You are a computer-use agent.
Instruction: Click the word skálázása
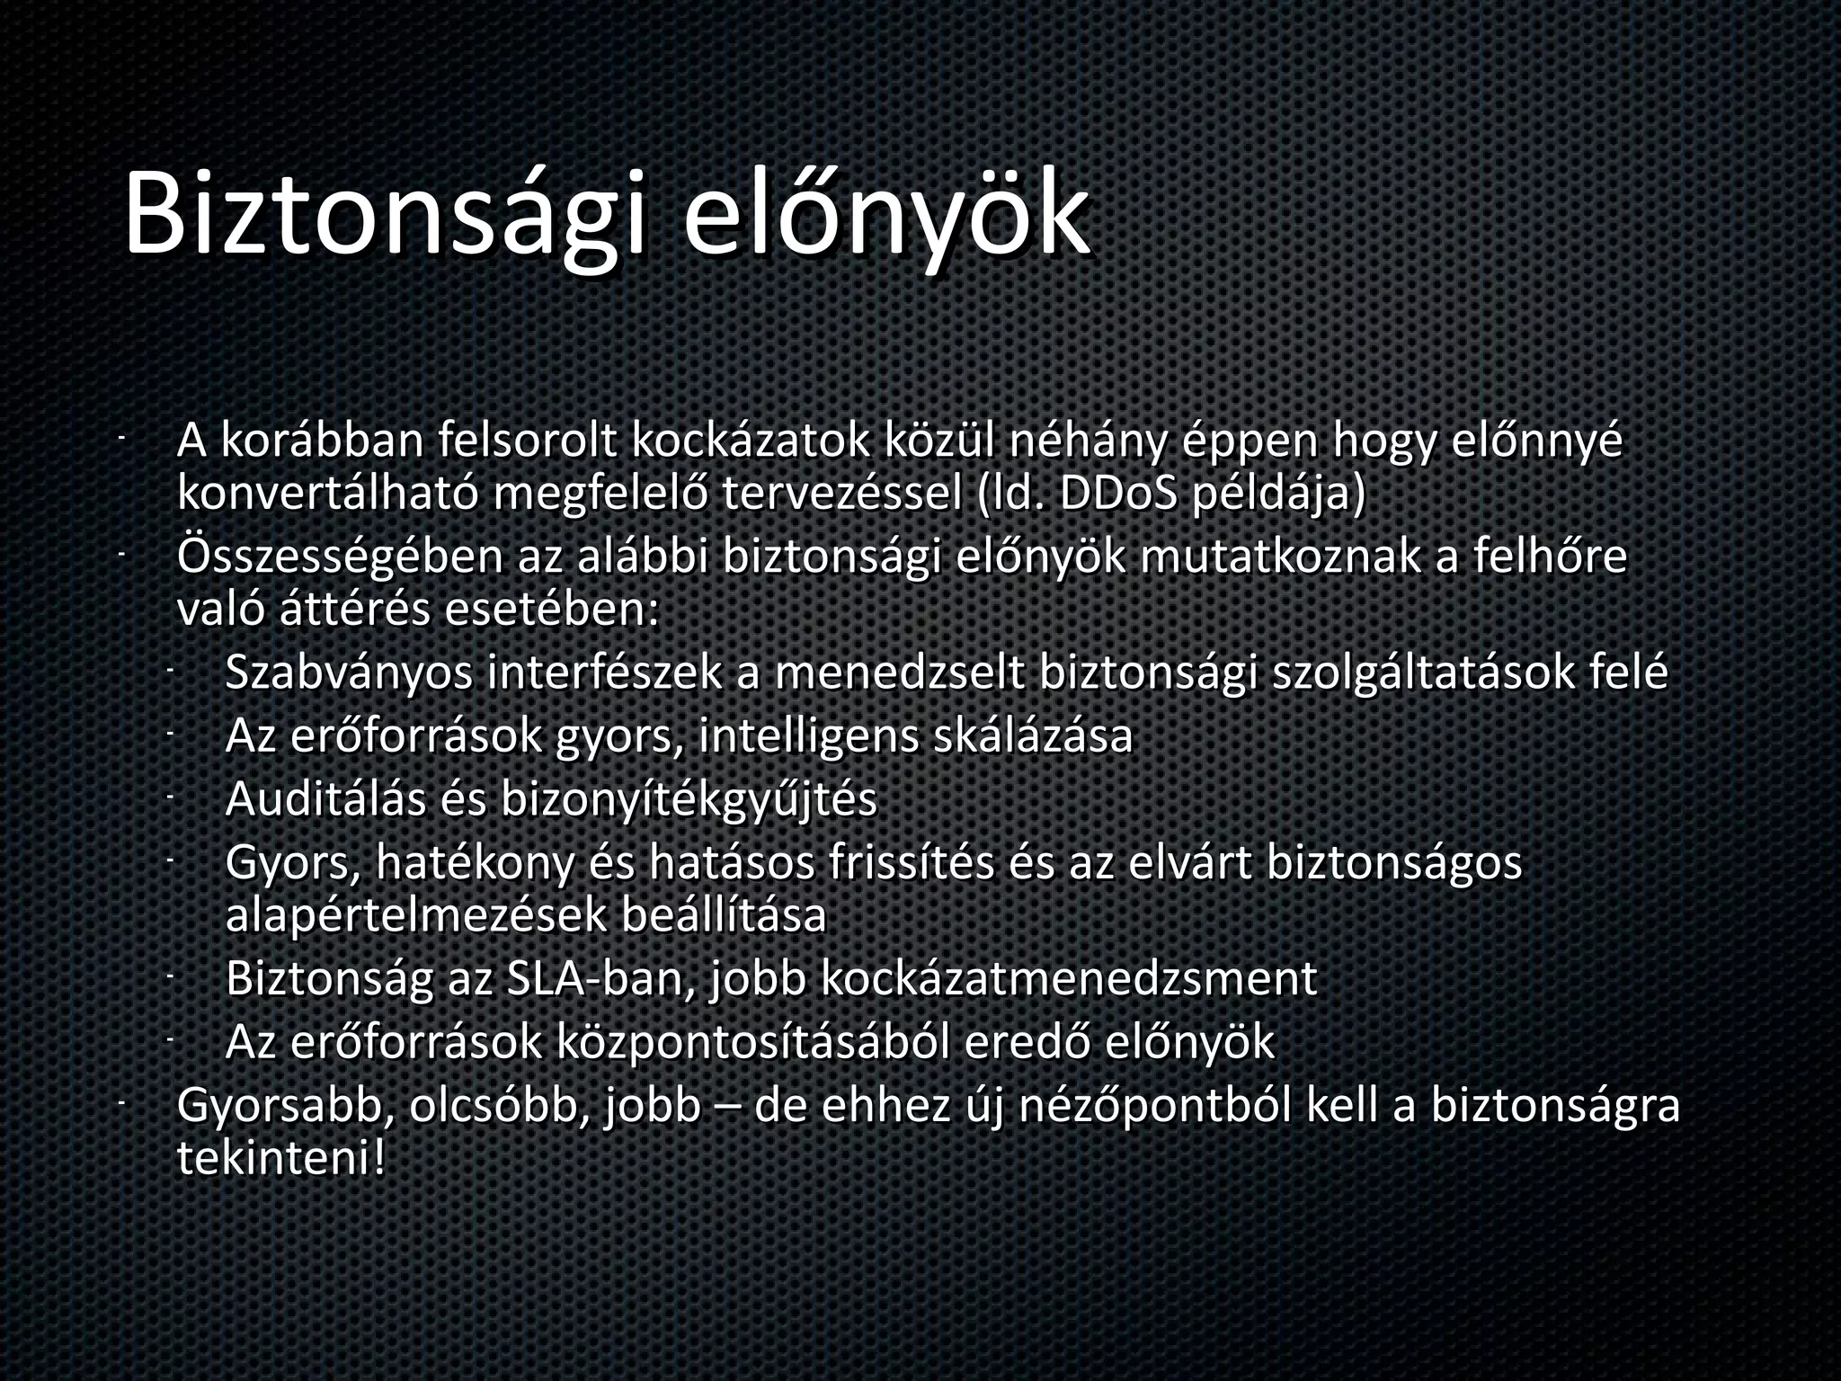(x=1034, y=736)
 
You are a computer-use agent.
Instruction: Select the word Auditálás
(x=325, y=799)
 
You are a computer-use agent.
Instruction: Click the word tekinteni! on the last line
(x=281, y=1159)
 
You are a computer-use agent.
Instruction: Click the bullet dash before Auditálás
(x=169, y=795)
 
